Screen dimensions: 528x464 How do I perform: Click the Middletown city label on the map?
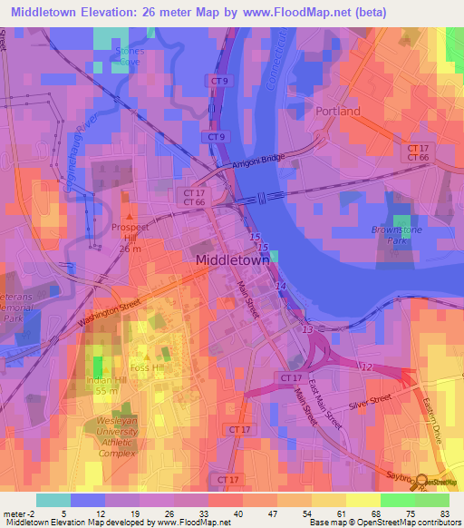(233, 259)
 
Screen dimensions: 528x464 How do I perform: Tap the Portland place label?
(338, 111)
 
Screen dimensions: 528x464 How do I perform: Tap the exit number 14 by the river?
(281, 287)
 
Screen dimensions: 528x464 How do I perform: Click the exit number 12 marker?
(365, 366)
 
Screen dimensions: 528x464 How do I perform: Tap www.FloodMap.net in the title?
(296, 12)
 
